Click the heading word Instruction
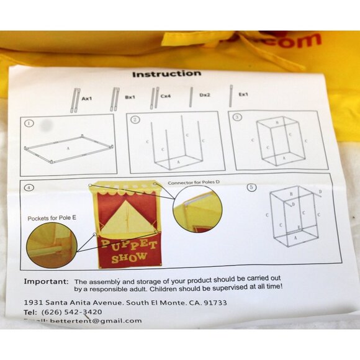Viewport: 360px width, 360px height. coord(166,74)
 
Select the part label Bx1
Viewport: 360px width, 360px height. coord(130,97)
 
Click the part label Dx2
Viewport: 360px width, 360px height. coord(205,96)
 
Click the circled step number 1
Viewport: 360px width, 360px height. coord(29,123)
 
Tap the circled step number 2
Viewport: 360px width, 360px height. coord(136,119)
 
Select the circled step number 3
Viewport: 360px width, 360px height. coord(237,117)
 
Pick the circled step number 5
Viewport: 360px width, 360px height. coord(251,187)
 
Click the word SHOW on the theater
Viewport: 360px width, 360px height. coord(130,256)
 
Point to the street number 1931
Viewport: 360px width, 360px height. coord(35,303)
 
